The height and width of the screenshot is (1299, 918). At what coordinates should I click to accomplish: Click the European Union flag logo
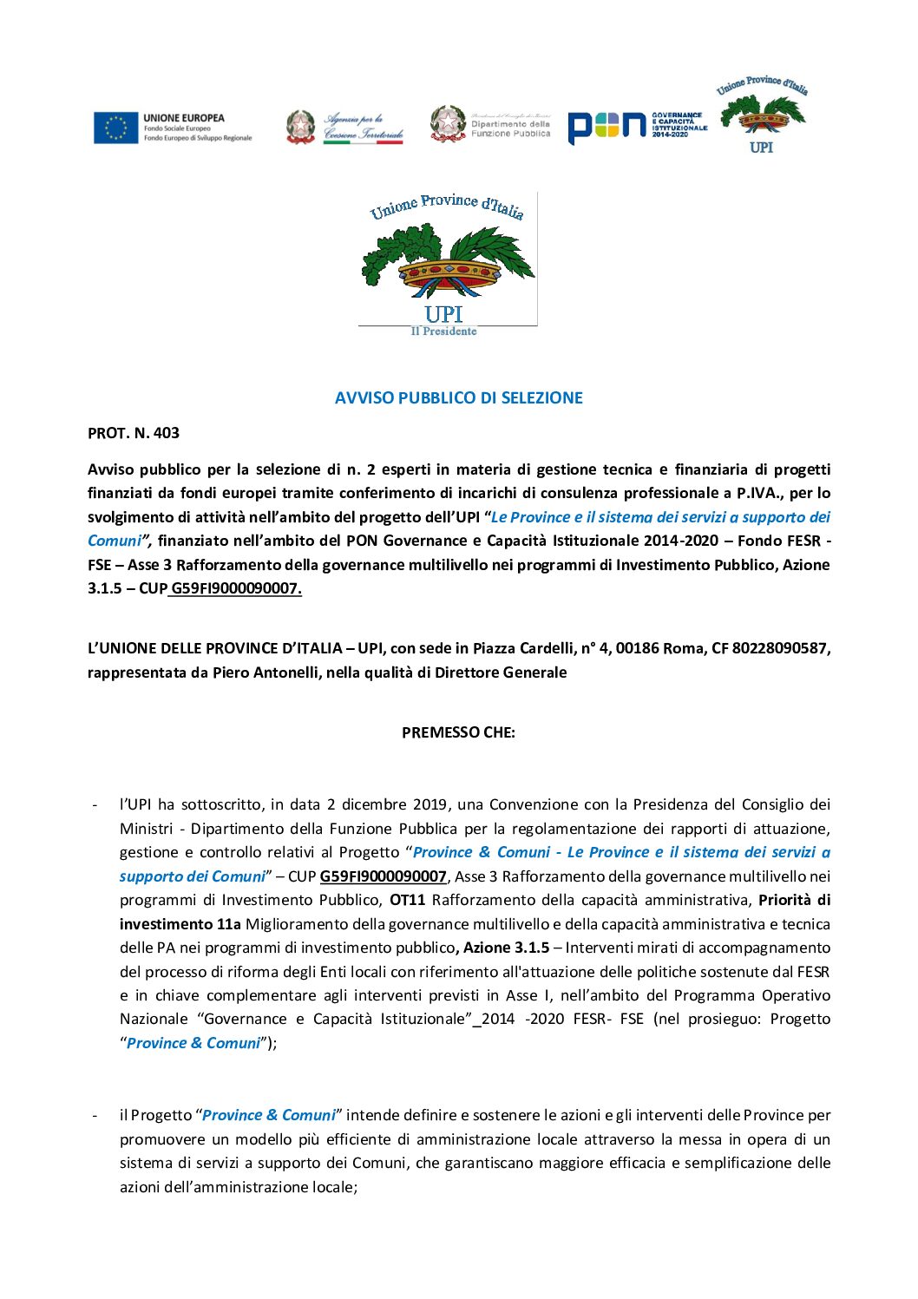point(115,128)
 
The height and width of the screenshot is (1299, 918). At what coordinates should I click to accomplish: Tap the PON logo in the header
point(607,127)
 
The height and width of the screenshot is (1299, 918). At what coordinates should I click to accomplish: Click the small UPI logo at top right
point(761,115)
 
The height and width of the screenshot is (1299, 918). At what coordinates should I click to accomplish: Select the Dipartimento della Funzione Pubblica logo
point(491,124)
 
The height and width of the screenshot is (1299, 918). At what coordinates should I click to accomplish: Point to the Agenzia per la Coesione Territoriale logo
point(345,128)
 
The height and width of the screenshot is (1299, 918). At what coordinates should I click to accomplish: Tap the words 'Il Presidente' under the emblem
point(443,331)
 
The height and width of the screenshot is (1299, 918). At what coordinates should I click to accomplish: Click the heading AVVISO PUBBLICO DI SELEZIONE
point(458,398)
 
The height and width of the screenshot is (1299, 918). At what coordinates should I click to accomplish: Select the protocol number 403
point(166,433)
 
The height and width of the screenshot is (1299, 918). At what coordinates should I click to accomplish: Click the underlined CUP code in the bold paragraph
point(236,588)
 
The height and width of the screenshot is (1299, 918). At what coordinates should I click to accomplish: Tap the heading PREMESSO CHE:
point(458,732)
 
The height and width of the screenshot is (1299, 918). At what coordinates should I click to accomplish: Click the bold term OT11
point(407,900)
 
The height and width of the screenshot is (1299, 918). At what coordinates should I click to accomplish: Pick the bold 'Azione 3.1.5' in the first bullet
point(506,948)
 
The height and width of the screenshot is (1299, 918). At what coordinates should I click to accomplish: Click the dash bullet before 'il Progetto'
point(95,1115)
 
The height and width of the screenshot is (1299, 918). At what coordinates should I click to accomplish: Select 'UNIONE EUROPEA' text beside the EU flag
point(184,118)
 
